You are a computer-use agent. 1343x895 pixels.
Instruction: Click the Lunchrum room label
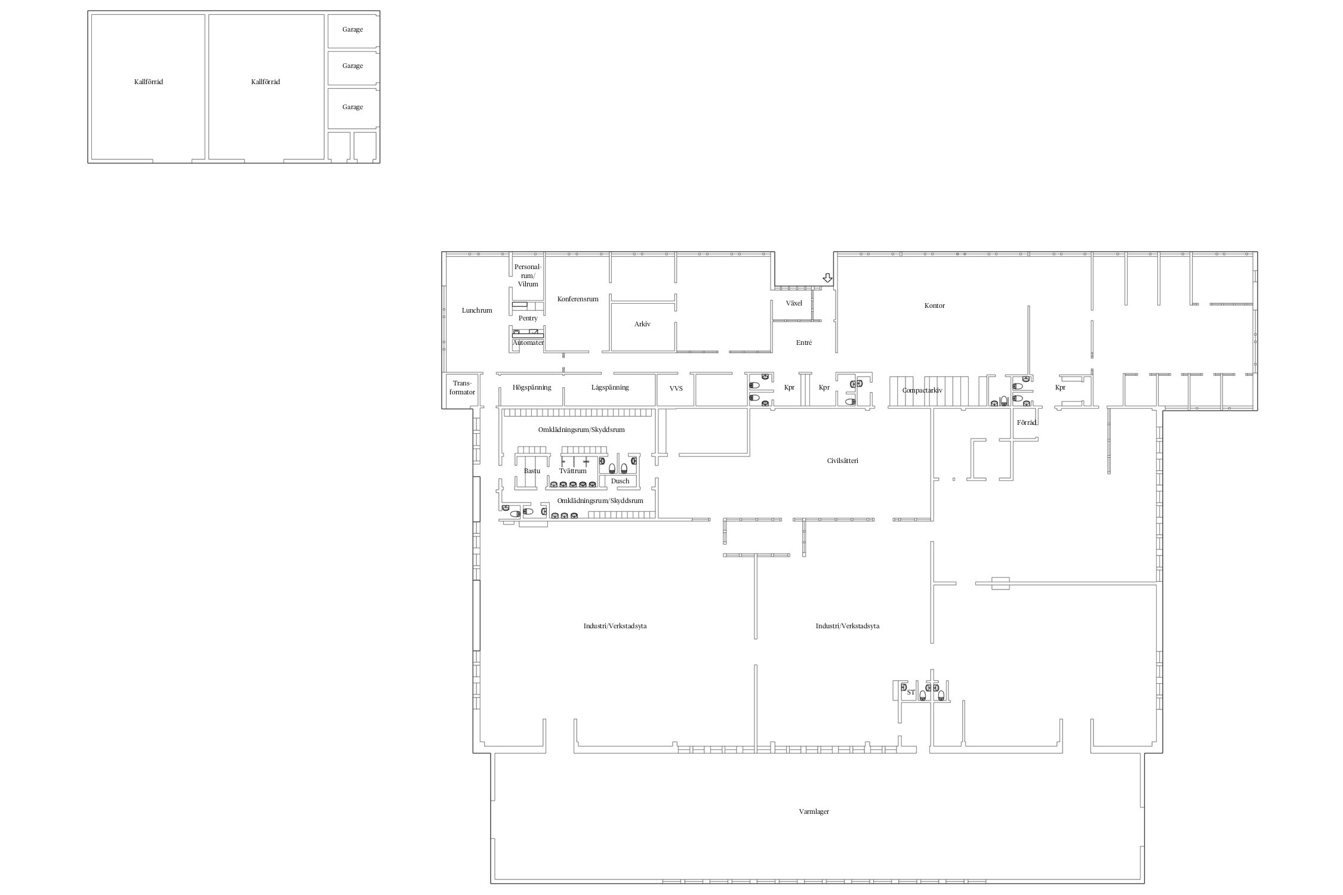[477, 310]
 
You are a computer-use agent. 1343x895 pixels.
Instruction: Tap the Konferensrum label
[578, 299]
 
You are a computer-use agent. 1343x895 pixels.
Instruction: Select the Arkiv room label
[642, 324]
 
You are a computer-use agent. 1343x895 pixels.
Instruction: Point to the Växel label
[794, 303]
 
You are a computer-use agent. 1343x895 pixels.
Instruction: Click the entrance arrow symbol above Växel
[827, 278]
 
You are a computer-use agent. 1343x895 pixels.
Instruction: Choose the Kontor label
[935, 305]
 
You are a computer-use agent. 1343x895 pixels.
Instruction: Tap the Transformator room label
[462, 388]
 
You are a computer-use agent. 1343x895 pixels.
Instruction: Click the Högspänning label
[532, 388]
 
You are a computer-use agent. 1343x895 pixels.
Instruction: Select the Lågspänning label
[610, 388]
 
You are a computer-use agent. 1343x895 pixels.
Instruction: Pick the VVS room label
[676, 388]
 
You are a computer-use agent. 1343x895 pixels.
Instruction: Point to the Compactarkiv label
[922, 390]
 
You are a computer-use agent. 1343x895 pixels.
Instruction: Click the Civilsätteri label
[843, 461]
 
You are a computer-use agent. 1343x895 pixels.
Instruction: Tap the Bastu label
[532, 471]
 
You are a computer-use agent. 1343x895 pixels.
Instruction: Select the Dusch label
[620, 481]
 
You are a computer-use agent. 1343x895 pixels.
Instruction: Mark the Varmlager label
[814, 811]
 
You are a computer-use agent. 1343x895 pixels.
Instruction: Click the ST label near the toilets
[911, 692]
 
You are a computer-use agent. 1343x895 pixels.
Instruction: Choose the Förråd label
[1027, 422]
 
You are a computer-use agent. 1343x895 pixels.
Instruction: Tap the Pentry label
[528, 319]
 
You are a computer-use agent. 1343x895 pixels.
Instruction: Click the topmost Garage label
[353, 29]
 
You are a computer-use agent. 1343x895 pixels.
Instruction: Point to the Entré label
[804, 342]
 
